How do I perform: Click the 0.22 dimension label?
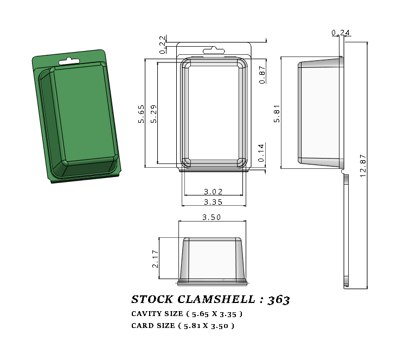pyautogui.click(x=163, y=45)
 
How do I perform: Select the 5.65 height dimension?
pyautogui.click(x=141, y=114)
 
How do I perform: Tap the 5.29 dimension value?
pyautogui.click(x=153, y=114)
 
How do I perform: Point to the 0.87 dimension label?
pyautogui.click(x=262, y=74)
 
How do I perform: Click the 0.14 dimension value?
pyautogui.click(x=262, y=153)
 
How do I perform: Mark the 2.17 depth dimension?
pyautogui.click(x=156, y=258)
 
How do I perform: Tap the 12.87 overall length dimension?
pyautogui.click(x=363, y=165)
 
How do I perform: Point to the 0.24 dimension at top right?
pyautogui.click(x=340, y=33)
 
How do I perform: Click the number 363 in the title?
pyautogui.click(x=279, y=300)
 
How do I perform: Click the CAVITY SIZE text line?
pyautogui.click(x=187, y=314)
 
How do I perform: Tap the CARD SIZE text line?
pyautogui.click(x=183, y=326)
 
